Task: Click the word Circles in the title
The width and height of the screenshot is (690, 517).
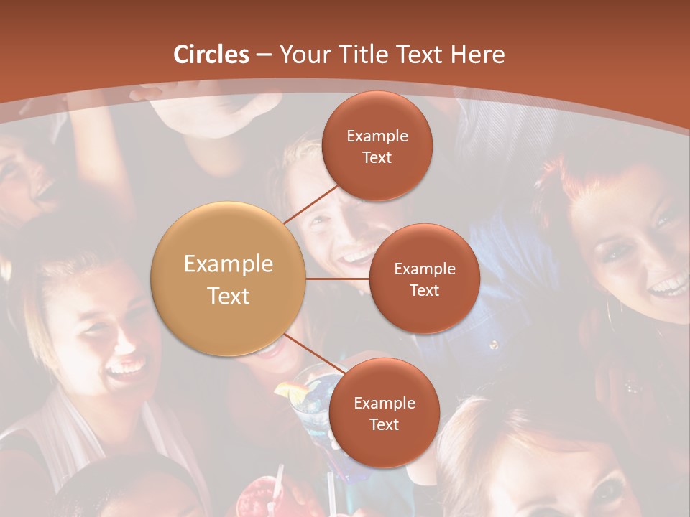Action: [x=211, y=55]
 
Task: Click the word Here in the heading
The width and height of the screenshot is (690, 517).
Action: [x=478, y=55]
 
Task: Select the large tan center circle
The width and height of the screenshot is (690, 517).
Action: [x=229, y=279]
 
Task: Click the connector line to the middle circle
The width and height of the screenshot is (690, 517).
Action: [x=338, y=279]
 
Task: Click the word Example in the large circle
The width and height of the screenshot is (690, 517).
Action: [x=229, y=264]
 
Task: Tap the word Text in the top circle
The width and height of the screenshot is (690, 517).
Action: [x=377, y=158]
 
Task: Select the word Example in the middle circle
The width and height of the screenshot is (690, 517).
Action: [x=424, y=269]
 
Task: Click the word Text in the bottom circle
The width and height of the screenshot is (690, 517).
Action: [x=384, y=424]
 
